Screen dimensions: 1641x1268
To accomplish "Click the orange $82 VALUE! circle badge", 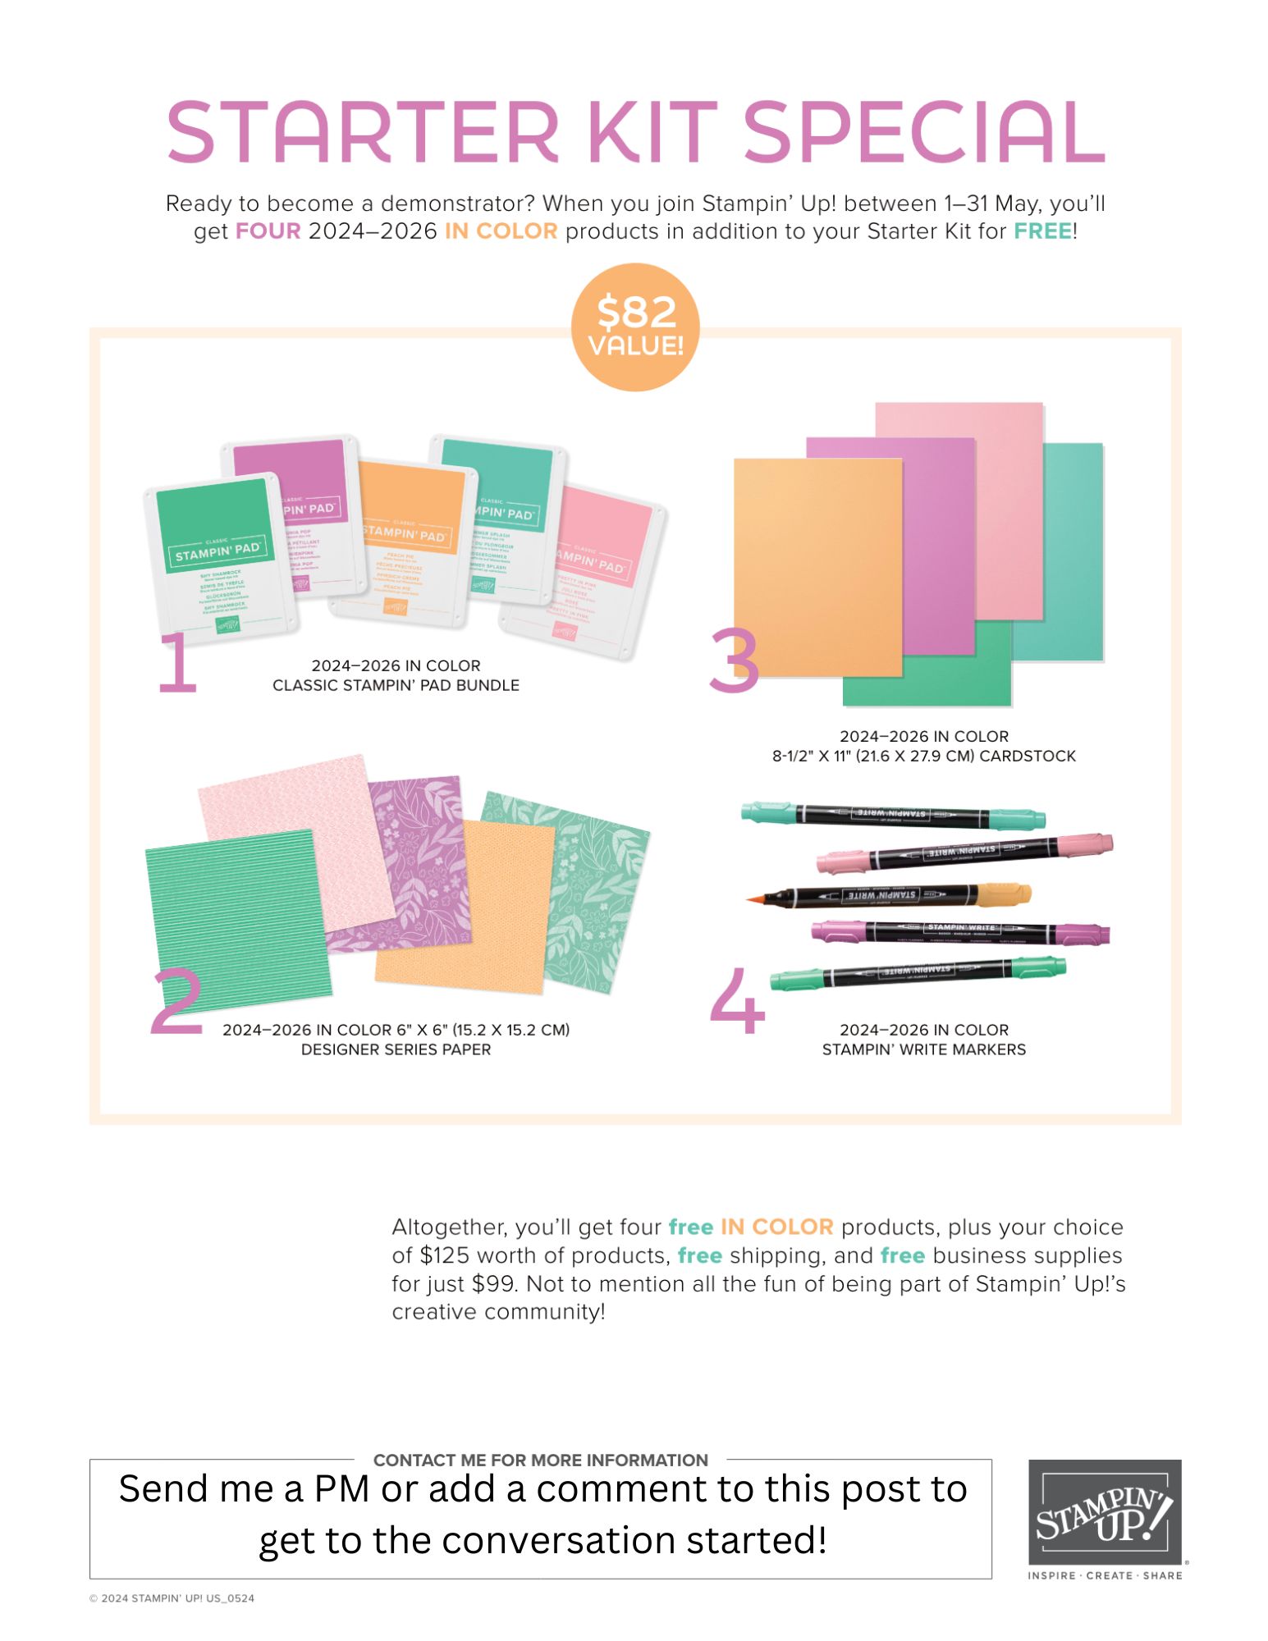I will tap(634, 327).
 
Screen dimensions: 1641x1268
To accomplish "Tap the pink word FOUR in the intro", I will tap(268, 231).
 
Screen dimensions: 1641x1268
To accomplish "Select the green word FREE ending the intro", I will tap(1042, 231).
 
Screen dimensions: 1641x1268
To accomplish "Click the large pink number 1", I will tap(177, 663).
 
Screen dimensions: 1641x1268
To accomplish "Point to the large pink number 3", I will tap(734, 661).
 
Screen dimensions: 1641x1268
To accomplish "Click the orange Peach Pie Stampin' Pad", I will tap(405, 542).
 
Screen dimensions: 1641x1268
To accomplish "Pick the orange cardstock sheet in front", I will tap(817, 566).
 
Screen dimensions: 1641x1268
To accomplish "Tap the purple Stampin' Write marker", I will tap(960, 931).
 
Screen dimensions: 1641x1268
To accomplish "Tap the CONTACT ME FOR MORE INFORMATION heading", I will tap(540, 1460).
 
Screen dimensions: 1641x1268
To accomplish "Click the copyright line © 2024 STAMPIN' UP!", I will tap(172, 1598).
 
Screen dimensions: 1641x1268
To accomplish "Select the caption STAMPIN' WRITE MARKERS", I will tap(923, 1049).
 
